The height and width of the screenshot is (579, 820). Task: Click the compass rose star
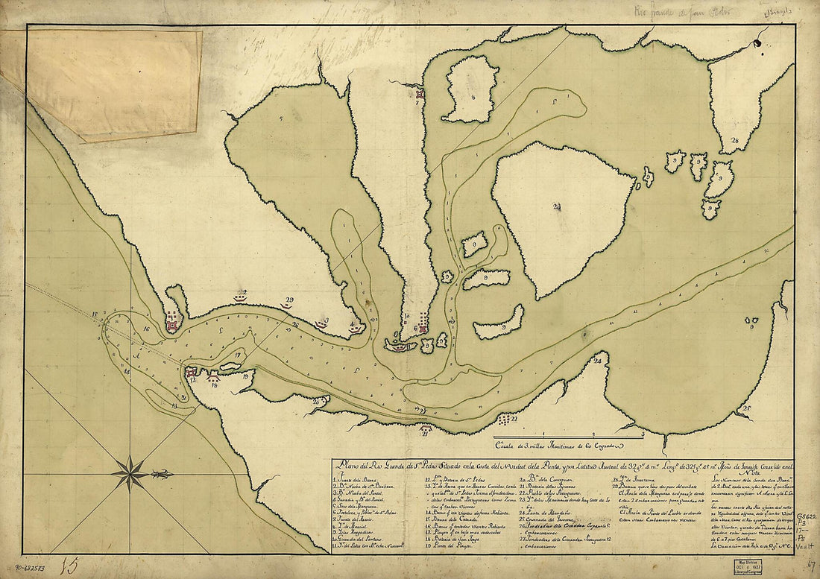click(132, 474)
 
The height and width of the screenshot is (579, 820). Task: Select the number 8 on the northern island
click(473, 95)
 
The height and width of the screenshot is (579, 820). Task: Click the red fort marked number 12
click(190, 372)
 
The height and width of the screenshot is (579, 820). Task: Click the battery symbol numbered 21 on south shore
click(425, 428)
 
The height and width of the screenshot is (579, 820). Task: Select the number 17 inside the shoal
click(237, 356)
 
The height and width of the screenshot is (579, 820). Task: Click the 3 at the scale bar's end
click(642, 432)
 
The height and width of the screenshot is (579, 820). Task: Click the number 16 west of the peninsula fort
click(147, 328)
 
